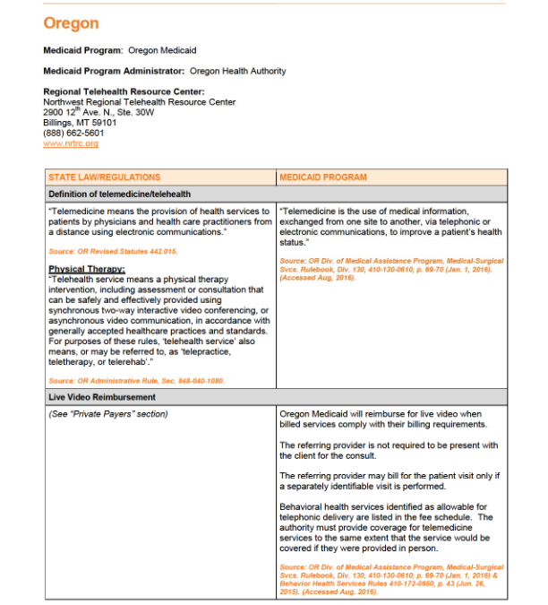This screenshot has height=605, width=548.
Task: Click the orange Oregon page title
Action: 71,23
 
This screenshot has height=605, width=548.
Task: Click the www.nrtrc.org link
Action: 71,143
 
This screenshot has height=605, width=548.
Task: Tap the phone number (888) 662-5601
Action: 73,133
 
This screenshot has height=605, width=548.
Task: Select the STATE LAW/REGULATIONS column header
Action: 105,177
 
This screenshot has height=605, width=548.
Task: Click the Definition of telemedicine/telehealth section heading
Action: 119,194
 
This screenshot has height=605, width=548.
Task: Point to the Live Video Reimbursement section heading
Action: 102,396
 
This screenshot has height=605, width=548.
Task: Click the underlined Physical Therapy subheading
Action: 87,269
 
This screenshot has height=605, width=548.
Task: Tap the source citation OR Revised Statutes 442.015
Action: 113,251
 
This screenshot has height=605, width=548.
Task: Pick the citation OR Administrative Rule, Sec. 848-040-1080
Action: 136,381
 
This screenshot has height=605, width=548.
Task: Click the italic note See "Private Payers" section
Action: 108,413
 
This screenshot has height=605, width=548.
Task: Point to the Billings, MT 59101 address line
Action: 80,123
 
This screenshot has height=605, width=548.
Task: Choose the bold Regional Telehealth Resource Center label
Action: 124,91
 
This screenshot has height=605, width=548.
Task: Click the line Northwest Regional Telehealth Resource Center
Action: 140,102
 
